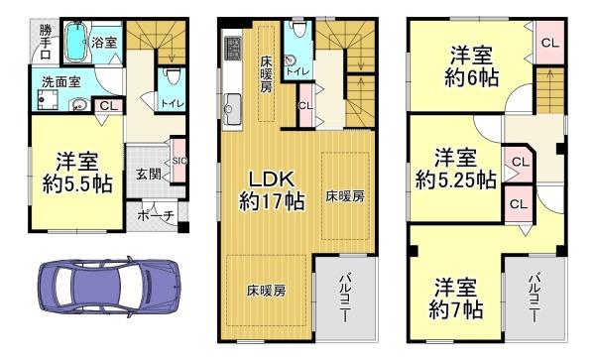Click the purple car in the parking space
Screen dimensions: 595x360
[x=110, y=286]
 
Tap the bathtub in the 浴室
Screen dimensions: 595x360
[x=77, y=42]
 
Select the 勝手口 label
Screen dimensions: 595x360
[x=46, y=42]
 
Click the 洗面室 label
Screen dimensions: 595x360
[x=61, y=82]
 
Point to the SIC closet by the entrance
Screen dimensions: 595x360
[x=179, y=161]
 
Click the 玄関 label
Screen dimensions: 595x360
[x=149, y=175]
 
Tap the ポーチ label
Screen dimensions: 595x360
[x=156, y=216]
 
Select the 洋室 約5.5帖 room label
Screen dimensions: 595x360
[x=77, y=173]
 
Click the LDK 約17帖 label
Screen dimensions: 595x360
[x=272, y=189]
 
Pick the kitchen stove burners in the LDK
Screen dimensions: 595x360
[x=232, y=48]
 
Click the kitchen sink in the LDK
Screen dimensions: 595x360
[x=232, y=109]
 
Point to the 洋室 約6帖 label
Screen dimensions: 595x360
[x=471, y=66]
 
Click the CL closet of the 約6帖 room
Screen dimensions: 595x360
[x=550, y=43]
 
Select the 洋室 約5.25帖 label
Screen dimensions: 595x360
[x=456, y=169]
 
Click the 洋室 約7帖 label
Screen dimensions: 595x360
[x=456, y=299]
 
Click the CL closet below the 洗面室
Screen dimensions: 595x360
[x=109, y=106]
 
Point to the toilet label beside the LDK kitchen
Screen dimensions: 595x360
[x=297, y=71]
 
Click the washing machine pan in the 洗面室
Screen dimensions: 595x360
[x=48, y=100]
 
